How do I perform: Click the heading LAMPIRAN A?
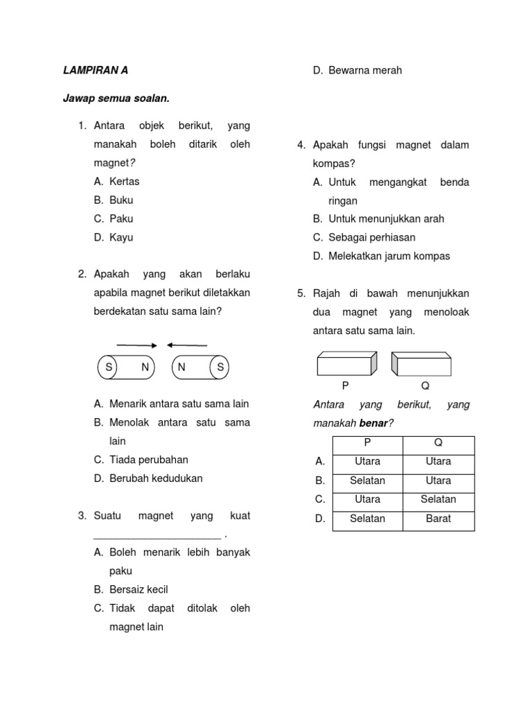coord(96,70)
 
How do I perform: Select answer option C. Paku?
coord(114,218)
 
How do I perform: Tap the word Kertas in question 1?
coord(124,181)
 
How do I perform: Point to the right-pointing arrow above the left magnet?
coord(136,345)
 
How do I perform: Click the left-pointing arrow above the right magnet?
coord(187,345)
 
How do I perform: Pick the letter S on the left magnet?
coord(109,367)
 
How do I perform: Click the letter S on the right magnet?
coord(220,367)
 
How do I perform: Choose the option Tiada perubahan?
coord(148,460)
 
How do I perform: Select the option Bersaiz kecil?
coord(139,589)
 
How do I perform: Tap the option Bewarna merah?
coord(365,70)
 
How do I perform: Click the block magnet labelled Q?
coord(422,364)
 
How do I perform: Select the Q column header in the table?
coord(438,442)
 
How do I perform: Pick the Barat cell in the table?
coord(438,518)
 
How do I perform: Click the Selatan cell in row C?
coord(438,499)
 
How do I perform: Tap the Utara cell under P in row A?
coord(367,461)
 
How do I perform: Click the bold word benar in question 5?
coord(371,423)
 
